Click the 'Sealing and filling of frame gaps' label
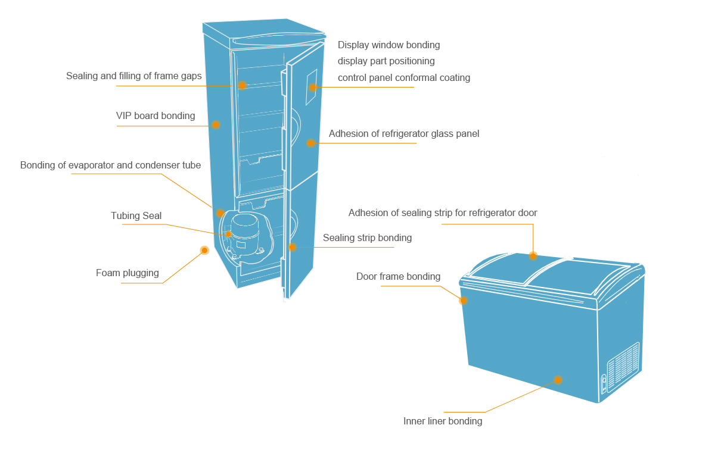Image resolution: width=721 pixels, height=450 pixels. pyautogui.click(x=134, y=76)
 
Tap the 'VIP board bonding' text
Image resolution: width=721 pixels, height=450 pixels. pyautogui.click(x=156, y=115)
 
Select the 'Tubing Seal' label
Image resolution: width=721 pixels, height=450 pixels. pyautogui.click(x=136, y=215)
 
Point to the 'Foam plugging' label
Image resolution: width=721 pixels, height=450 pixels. pyautogui.click(x=128, y=273)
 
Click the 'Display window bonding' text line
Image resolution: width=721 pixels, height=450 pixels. pyautogui.click(x=389, y=45)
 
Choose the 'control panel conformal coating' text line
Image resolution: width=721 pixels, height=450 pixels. pyautogui.click(x=404, y=78)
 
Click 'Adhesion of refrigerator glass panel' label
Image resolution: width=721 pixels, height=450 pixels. pyautogui.click(x=404, y=134)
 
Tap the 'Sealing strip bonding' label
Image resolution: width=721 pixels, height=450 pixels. pyautogui.click(x=367, y=238)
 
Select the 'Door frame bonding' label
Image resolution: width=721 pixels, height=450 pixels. pyautogui.click(x=398, y=276)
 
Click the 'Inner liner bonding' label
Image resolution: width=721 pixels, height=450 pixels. pyautogui.click(x=443, y=421)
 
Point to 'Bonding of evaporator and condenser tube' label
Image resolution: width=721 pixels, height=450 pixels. pyautogui.click(x=110, y=165)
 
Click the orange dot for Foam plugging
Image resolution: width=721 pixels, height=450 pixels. pyautogui.click(x=204, y=251)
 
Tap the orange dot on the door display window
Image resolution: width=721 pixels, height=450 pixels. pyautogui.click(x=313, y=87)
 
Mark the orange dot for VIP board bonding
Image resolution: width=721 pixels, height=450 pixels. pyautogui.click(x=216, y=125)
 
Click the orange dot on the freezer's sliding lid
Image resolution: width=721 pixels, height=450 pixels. pyautogui.click(x=533, y=256)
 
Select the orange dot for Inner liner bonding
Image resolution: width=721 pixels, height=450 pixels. pyautogui.click(x=558, y=380)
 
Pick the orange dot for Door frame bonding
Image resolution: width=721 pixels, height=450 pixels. pyautogui.click(x=463, y=301)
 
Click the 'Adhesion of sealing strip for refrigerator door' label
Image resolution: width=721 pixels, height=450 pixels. pyautogui.click(x=443, y=212)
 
